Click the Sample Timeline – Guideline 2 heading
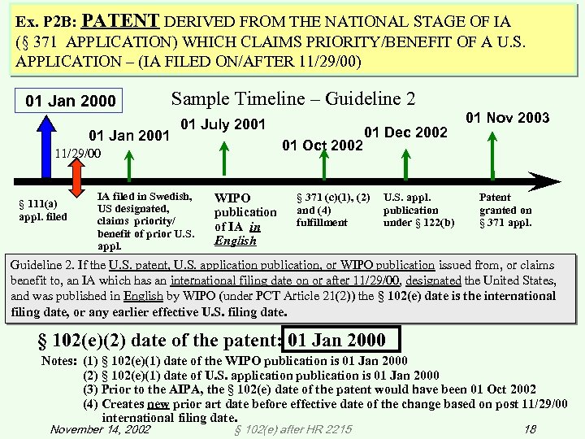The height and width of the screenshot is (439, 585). pos(292,99)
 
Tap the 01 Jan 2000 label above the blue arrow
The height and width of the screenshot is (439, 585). pos(71,102)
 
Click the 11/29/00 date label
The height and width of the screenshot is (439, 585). pos(78,153)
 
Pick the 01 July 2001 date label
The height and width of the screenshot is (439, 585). pos(223,125)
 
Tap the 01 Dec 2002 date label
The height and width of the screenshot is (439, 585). pos(405,133)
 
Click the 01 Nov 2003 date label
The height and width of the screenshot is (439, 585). pos(507,119)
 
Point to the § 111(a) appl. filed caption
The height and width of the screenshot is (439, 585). pos(43,210)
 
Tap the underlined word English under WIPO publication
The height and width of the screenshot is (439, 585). pos(234,241)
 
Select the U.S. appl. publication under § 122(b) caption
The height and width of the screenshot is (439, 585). pos(418,210)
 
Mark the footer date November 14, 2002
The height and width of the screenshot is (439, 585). pos(99,428)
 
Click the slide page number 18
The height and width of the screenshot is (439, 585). pos(530,428)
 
